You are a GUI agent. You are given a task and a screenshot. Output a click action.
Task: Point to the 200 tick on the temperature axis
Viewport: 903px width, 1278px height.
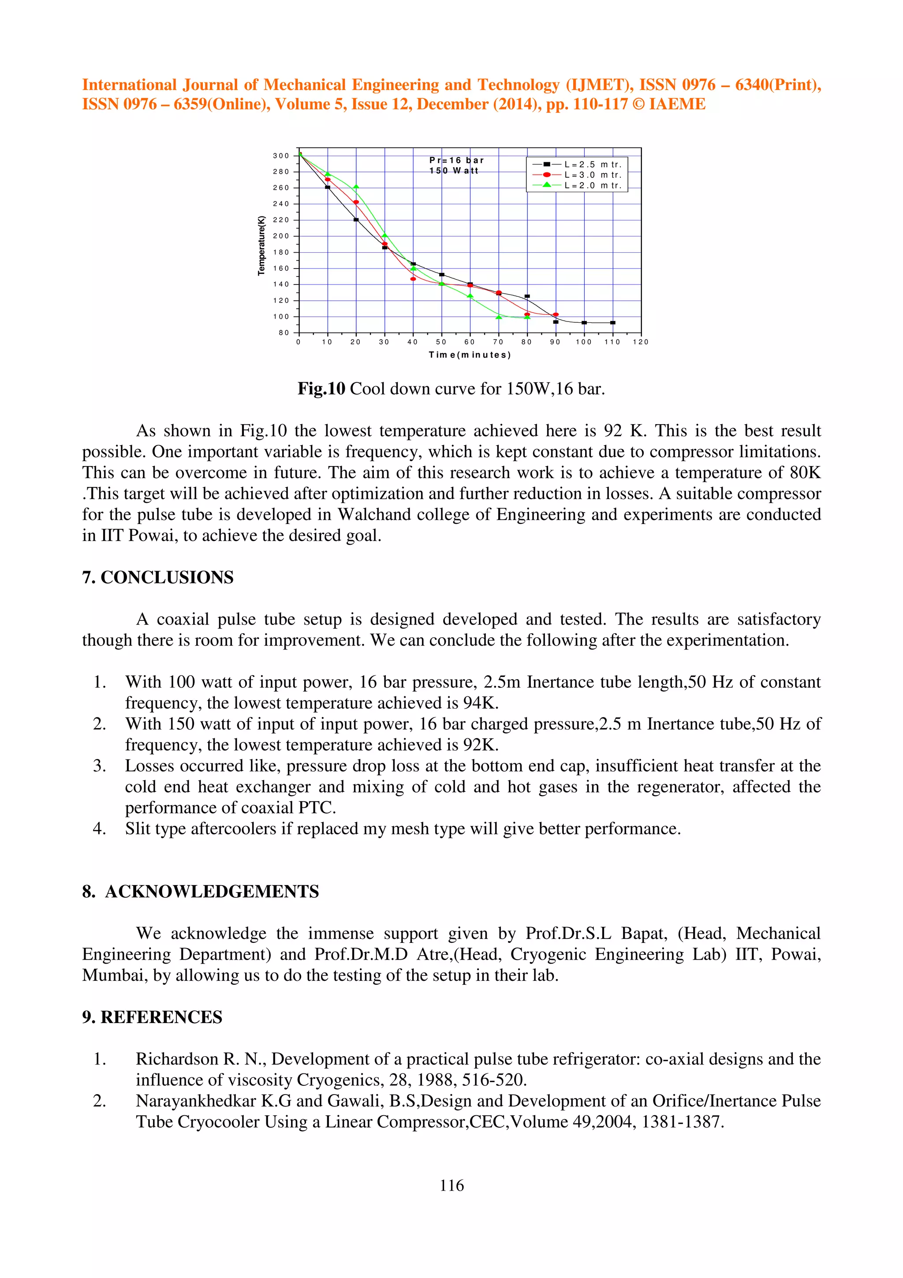[281, 236]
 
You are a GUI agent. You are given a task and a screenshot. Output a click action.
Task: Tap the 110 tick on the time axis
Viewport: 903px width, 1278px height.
[612, 342]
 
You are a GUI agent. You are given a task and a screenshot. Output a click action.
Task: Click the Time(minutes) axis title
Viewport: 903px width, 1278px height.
[470, 355]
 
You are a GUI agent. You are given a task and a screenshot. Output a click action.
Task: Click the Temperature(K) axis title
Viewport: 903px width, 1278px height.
[261, 246]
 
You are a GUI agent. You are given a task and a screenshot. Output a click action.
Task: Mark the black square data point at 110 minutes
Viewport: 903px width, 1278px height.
[612, 322]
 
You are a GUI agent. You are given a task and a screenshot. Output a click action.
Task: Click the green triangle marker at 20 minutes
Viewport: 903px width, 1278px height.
[356, 187]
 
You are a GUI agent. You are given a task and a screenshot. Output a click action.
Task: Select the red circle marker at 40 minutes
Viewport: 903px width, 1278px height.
[413, 279]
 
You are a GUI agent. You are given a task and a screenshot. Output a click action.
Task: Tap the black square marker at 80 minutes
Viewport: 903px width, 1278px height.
[527, 296]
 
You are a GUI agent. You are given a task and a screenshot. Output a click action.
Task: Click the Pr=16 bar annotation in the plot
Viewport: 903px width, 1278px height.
[456, 161]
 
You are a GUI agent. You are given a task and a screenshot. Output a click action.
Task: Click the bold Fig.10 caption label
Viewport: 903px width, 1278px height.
[321, 389]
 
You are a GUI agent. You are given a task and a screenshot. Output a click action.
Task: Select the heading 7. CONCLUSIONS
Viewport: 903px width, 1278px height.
[157, 577]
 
